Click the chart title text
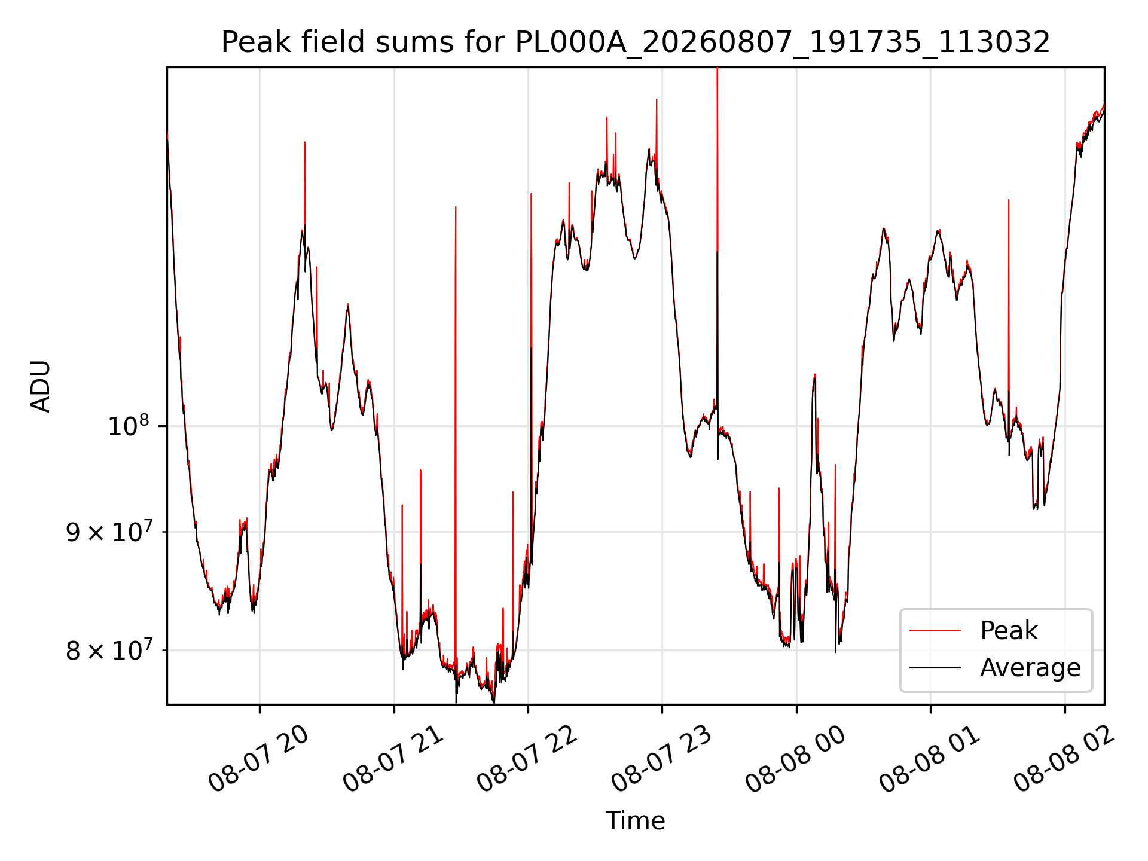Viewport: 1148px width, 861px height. (636, 42)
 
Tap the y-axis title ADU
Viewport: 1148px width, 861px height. (41, 386)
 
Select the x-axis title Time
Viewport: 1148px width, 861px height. (635, 821)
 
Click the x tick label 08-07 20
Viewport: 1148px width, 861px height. (258, 759)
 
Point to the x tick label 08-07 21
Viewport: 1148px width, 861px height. (393, 759)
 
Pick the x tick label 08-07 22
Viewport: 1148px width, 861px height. (527, 759)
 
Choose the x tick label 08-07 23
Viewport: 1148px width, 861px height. (661, 759)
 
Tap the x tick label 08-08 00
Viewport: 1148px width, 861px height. (795, 759)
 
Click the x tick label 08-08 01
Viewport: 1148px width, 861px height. (930, 759)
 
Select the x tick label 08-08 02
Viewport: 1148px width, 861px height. (1064, 759)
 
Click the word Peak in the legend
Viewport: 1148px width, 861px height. (1009, 631)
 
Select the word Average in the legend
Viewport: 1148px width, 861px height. (1030, 668)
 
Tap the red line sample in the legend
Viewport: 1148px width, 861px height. (935, 631)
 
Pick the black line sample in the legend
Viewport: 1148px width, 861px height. (935, 668)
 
